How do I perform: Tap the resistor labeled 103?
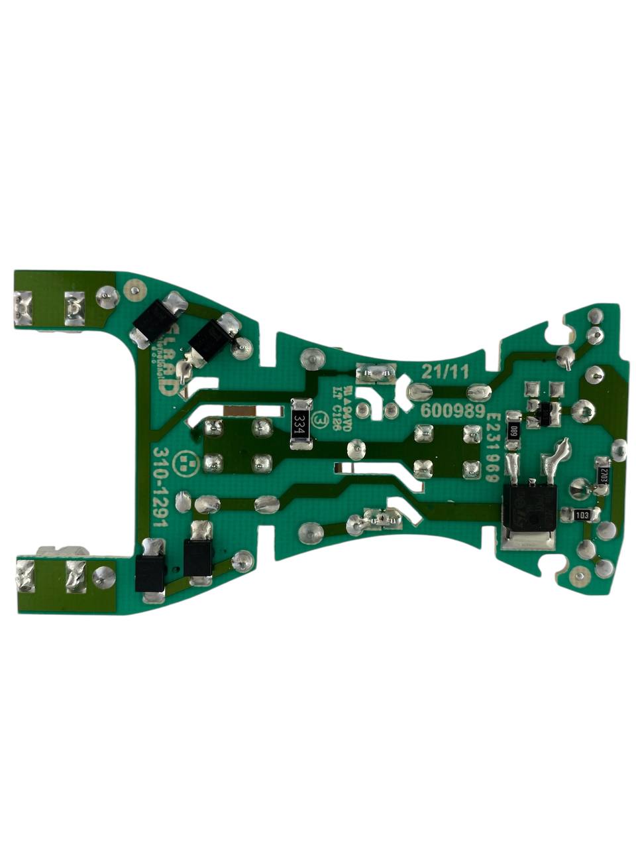(x=581, y=515)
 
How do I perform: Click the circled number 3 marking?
(x=323, y=419)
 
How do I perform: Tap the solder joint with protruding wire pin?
(x=567, y=358)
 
